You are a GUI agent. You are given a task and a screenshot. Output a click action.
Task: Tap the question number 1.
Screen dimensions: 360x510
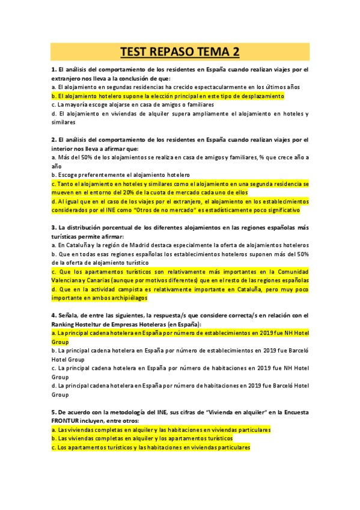click(x=53, y=70)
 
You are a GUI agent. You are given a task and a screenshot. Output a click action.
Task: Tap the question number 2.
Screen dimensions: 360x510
click(x=53, y=140)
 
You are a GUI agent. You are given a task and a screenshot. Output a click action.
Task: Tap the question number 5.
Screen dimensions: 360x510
click(x=53, y=412)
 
